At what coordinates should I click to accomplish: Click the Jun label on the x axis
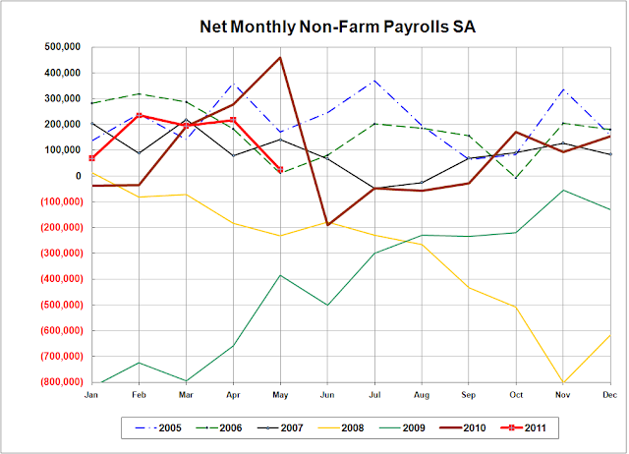(324, 394)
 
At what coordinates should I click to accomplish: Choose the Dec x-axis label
(609, 394)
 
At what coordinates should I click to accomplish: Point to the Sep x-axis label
(467, 394)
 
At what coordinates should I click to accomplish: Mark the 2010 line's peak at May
(281, 57)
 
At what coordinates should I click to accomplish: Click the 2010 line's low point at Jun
(327, 225)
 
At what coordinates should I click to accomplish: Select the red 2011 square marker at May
(280, 170)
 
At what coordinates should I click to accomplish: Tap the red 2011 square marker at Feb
(139, 116)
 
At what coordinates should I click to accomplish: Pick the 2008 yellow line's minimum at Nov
(563, 382)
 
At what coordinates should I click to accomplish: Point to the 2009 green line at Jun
(327, 305)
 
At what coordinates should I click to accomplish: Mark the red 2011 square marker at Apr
(233, 120)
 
